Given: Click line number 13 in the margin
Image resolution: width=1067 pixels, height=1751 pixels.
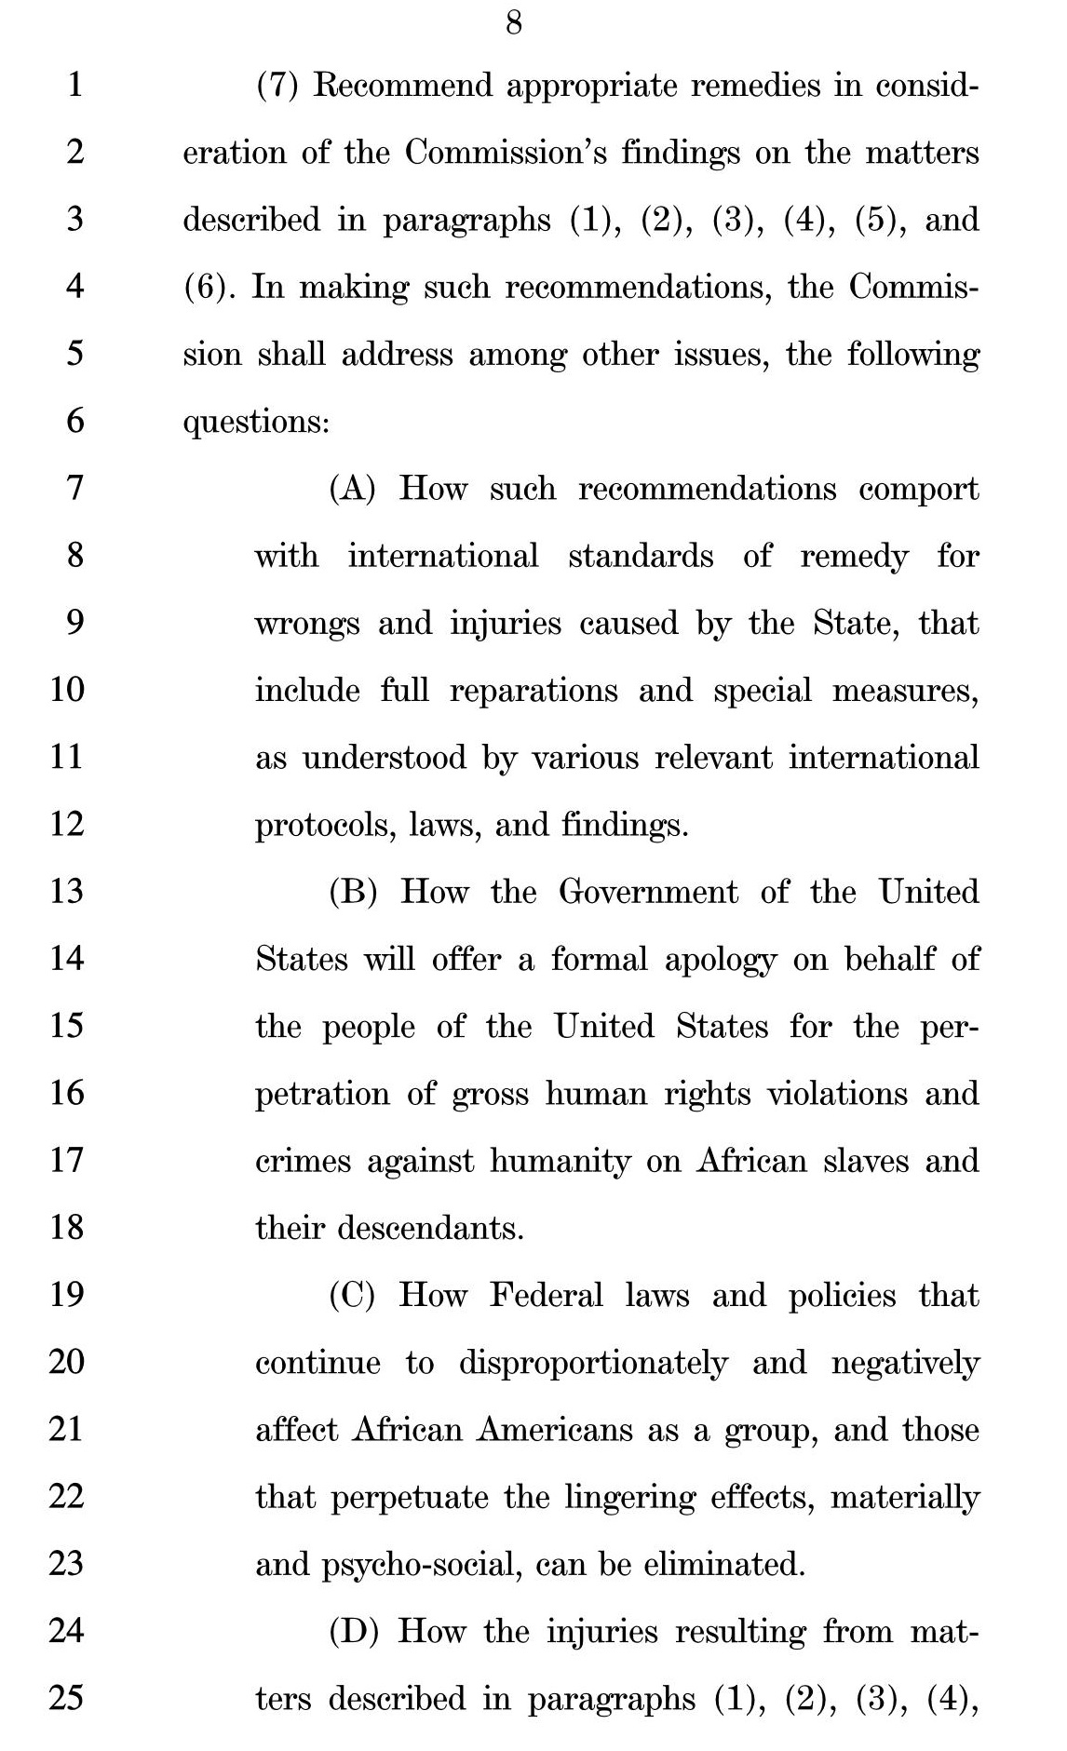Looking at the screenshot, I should pyautogui.click(x=66, y=891).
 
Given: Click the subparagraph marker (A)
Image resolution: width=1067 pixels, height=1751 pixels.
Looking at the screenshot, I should pyautogui.click(x=352, y=489).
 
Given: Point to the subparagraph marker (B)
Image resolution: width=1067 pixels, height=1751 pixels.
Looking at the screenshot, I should pyautogui.click(x=353, y=892).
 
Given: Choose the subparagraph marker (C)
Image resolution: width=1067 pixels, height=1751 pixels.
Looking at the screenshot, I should pyautogui.click(x=352, y=1295).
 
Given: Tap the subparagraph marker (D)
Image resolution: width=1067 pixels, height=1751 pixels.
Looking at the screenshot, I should pyautogui.click(x=353, y=1631).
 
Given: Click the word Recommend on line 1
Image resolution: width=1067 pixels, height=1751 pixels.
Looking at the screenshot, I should pyautogui.click(x=402, y=86).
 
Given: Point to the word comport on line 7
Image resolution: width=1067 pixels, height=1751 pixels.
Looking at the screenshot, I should pyautogui.click(x=918, y=489).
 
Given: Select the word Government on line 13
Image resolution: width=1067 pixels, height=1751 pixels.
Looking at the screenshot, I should pyautogui.click(x=649, y=892).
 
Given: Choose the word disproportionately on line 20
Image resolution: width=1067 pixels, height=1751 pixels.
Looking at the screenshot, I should pyautogui.click(x=593, y=1363).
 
